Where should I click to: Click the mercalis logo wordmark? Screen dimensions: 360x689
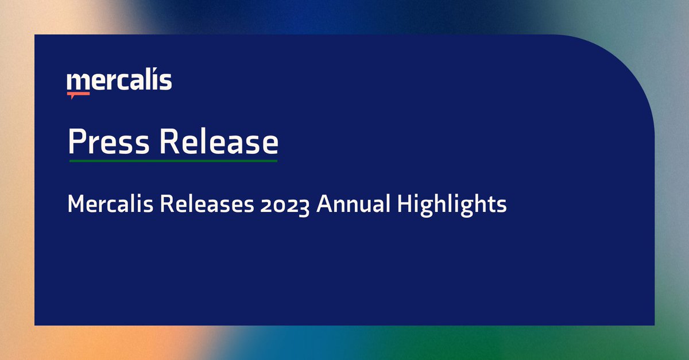click(x=119, y=81)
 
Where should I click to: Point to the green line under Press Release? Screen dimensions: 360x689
click(x=173, y=161)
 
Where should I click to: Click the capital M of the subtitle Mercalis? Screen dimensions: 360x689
click(x=76, y=204)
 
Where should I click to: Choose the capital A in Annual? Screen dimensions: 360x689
click(x=324, y=204)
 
